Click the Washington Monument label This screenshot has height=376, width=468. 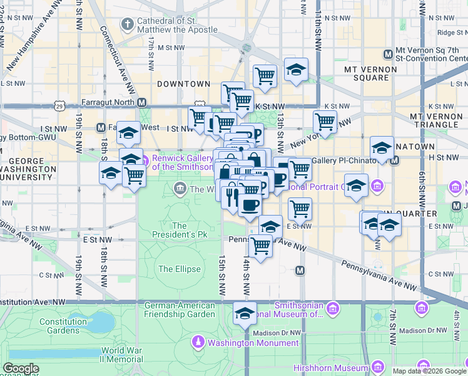click(x=253, y=343)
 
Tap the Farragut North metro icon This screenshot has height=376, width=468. click(x=142, y=102)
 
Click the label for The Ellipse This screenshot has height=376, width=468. click(x=180, y=269)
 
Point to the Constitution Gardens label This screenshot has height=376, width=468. click(x=63, y=326)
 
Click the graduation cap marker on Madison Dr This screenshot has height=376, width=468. click(x=245, y=313)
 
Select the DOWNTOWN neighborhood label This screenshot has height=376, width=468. click(x=183, y=83)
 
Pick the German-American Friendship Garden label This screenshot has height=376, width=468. click(x=180, y=310)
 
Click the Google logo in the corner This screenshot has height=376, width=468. click(x=21, y=368)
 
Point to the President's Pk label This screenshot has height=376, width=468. click(x=180, y=230)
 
